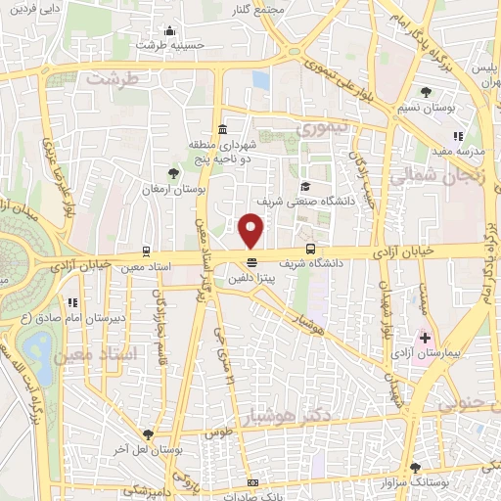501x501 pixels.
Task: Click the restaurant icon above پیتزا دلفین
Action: coord(252,261)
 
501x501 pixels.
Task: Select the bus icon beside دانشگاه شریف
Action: coord(310,249)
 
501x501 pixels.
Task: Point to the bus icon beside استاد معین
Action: coord(146,251)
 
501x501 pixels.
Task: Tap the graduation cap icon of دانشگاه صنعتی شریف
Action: coord(306,186)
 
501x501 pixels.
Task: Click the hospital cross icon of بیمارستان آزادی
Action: coord(425,338)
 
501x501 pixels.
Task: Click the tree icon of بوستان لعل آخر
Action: coord(147,433)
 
